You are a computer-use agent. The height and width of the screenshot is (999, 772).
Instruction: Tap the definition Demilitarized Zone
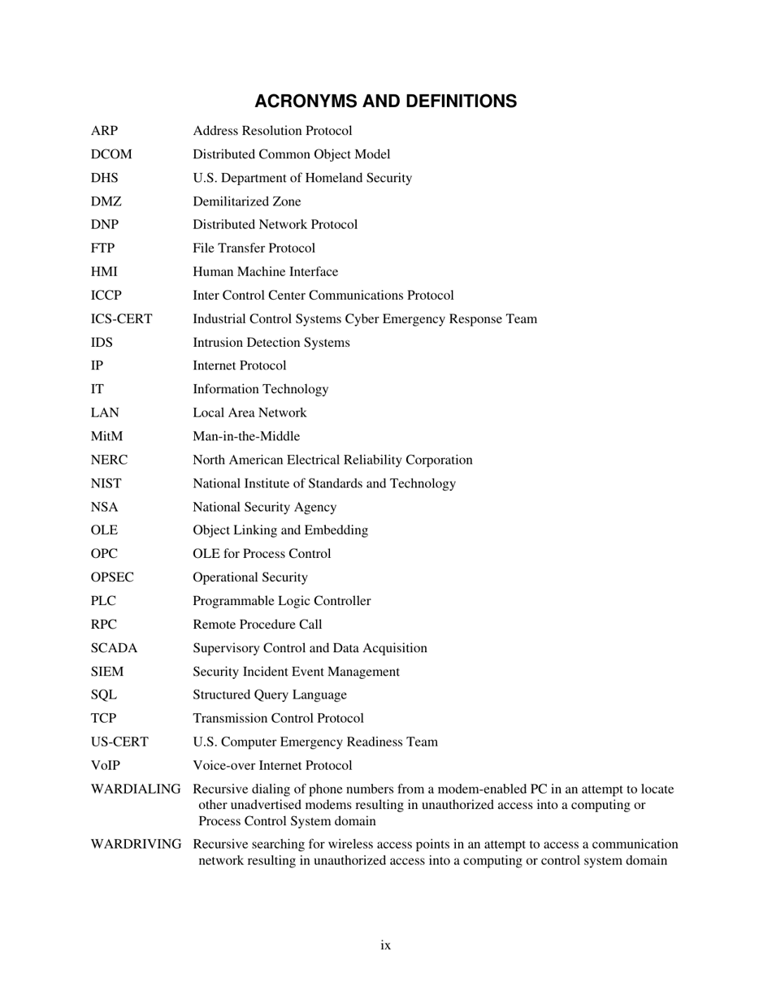click(x=246, y=201)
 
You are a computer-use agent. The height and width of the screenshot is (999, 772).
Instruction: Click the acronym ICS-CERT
click(x=121, y=319)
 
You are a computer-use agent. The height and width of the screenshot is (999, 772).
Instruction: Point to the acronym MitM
click(x=106, y=436)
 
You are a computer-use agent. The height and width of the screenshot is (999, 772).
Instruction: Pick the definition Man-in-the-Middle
click(x=245, y=436)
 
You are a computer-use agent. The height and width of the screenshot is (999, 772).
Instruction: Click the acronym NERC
click(x=109, y=460)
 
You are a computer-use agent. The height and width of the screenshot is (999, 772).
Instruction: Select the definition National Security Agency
click(x=264, y=507)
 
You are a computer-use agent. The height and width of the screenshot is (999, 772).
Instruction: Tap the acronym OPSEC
click(x=112, y=577)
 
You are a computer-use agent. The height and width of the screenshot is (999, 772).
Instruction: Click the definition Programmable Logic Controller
click(x=281, y=601)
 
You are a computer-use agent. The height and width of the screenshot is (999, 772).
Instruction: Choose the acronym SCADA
click(x=114, y=648)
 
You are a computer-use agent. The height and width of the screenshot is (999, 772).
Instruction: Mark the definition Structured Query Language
click(x=269, y=695)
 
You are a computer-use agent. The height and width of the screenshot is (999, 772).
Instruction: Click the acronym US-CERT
click(x=119, y=742)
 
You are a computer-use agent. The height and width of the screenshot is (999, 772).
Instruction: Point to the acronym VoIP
click(x=106, y=766)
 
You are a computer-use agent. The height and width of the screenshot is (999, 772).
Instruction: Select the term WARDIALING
click(x=136, y=789)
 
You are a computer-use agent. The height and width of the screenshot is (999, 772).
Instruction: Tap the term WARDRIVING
click(x=136, y=845)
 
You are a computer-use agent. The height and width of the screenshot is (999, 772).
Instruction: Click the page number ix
click(x=386, y=945)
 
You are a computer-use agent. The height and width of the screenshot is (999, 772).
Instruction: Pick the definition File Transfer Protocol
click(x=254, y=249)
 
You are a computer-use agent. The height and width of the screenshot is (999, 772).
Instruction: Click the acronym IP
click(x=97, y=366)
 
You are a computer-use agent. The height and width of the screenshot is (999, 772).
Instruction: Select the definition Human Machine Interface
click(x=265, y=272)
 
